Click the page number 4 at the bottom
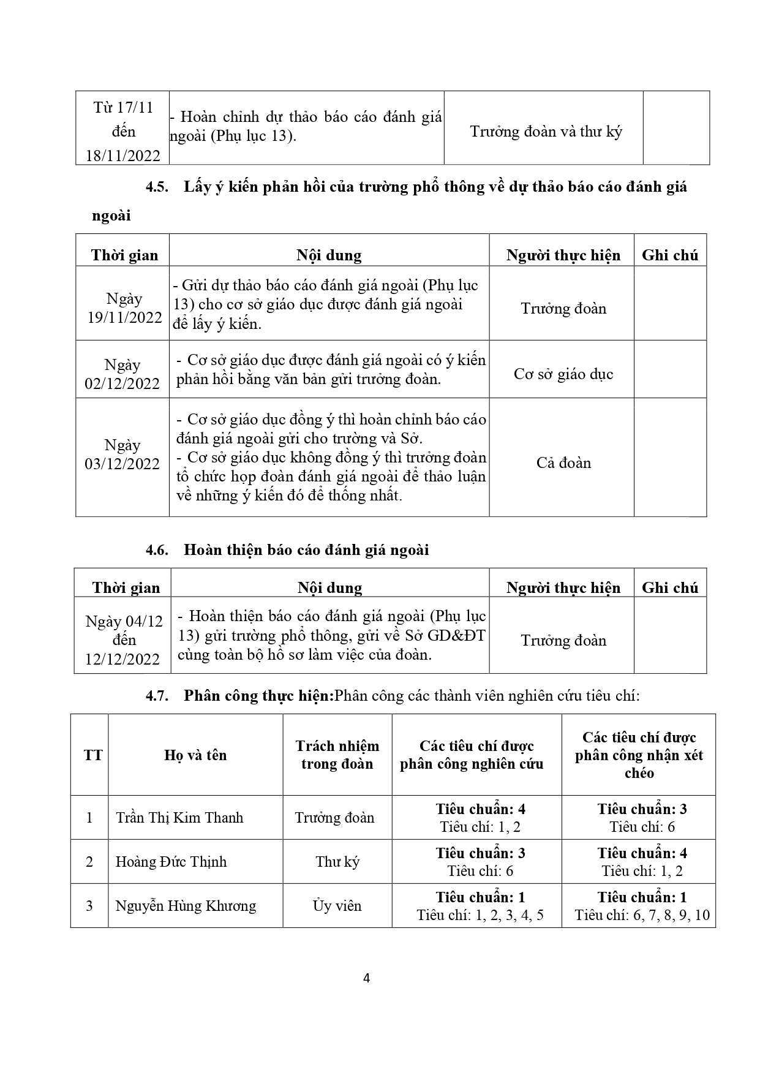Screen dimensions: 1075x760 tap(366, 978)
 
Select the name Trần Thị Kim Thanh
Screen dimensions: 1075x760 tap(179, 818)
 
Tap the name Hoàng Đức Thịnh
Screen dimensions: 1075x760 tap(171, 862)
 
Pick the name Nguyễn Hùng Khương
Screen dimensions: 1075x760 tap(186, 906)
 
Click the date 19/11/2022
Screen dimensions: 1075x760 tap(124, 318)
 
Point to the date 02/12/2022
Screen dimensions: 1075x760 tap(122, 384)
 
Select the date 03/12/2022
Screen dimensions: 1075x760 tap(122, 464)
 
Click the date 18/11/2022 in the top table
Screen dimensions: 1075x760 tap(122, 156)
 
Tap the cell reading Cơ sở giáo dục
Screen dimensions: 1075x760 tap(563, 374)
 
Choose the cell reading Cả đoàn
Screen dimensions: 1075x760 tap(563, 463)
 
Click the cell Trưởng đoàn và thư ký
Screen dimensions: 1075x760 tap(546, 132)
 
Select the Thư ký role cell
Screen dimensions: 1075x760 tap(337, 862)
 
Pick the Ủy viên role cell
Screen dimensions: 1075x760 tap(337, 906)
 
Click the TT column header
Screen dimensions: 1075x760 tap(93, 755)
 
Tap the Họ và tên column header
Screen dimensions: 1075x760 tap(195, 755)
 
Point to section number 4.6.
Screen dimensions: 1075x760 tap(157, 550)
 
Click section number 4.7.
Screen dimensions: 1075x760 tap(157, 696)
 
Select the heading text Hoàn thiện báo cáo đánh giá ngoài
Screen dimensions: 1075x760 tap(306, 550)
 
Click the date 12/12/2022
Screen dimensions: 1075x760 tap(122, 660)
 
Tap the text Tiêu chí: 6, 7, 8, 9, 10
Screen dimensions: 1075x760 tap(642, 915)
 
